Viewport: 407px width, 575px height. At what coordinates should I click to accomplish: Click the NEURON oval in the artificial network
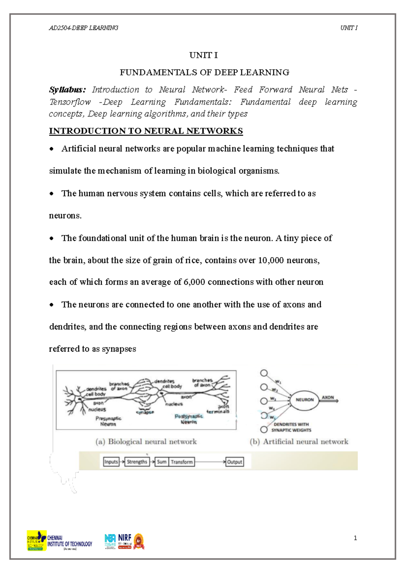point(304,400)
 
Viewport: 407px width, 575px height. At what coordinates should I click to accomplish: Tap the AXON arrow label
point(328,397)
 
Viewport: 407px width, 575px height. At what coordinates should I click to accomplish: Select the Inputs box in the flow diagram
point(111,462)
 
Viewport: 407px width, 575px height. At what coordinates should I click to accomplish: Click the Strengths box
point(137,462)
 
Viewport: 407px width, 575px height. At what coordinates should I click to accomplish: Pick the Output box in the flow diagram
point(234,462)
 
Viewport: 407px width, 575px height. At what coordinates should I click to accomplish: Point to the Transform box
point(181,462)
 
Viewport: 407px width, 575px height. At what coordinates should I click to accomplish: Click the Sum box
point(162,462)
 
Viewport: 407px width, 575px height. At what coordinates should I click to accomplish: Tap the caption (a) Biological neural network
point(146,441)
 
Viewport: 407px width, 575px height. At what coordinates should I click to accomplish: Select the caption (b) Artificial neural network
point(299,441)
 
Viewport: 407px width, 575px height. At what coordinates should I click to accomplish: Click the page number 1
point(355,538)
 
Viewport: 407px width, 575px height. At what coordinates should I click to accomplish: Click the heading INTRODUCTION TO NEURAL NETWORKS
point(146,131)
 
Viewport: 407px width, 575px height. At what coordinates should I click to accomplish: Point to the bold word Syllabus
point(67,90)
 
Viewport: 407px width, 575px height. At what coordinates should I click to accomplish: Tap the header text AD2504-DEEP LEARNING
point(83,28)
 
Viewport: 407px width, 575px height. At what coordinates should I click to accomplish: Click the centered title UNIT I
point(203,55)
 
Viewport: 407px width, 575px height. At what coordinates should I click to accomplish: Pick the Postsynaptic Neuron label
point(189,419)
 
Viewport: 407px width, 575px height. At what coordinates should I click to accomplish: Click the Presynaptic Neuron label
point(108,421)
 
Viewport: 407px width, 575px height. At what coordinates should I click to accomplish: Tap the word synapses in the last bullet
point(119,349)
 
